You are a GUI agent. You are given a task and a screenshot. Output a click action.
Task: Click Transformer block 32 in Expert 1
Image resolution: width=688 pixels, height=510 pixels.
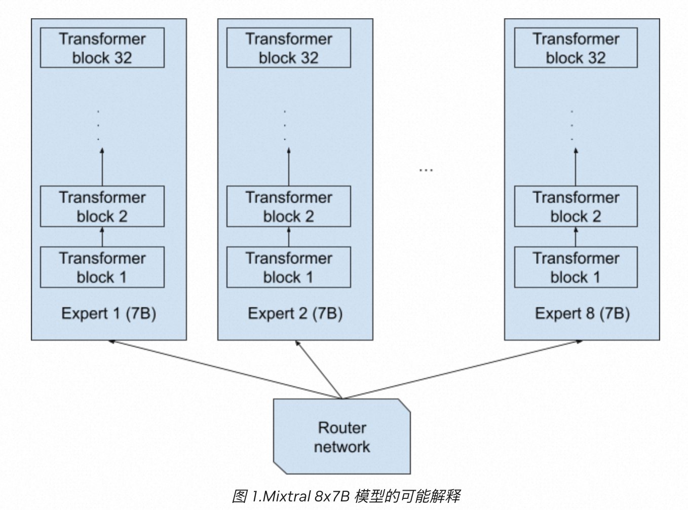(x=102, y=48)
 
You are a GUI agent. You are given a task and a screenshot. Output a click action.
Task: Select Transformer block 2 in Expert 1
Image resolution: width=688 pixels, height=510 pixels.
(x=102, y=206)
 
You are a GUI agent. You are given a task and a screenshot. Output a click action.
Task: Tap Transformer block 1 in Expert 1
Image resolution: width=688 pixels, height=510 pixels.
(x=102, y=267)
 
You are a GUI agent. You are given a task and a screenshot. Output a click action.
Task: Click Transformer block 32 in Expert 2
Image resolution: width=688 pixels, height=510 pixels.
(x=288, y=48)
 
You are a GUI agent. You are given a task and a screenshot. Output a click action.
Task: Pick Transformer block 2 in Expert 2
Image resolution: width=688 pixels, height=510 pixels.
(x=288, y=206)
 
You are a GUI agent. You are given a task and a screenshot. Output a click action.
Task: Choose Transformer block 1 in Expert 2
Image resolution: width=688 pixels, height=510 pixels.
(x=288, y=267)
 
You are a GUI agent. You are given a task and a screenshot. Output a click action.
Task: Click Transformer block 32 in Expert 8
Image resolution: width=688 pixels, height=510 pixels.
(x=576, y=48)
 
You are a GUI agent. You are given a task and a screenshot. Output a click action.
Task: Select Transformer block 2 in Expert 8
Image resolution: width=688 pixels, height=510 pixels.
(x=576, y=206)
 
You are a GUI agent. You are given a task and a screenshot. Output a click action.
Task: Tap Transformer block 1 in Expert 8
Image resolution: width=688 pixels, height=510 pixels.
(x=576, y=267)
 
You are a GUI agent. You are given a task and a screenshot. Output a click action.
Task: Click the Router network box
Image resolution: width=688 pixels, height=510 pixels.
(x=342, y=436)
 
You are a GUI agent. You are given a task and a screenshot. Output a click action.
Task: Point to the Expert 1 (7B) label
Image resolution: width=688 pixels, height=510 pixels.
(x=108, y=313)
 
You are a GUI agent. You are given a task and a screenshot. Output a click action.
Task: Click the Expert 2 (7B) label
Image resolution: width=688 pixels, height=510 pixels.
(x=295, y=313)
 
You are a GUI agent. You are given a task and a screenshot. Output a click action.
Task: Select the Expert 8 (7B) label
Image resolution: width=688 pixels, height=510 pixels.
(x=582, y=313)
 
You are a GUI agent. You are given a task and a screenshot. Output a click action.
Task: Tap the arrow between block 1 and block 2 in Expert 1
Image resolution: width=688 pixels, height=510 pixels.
(x=102, y=237)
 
